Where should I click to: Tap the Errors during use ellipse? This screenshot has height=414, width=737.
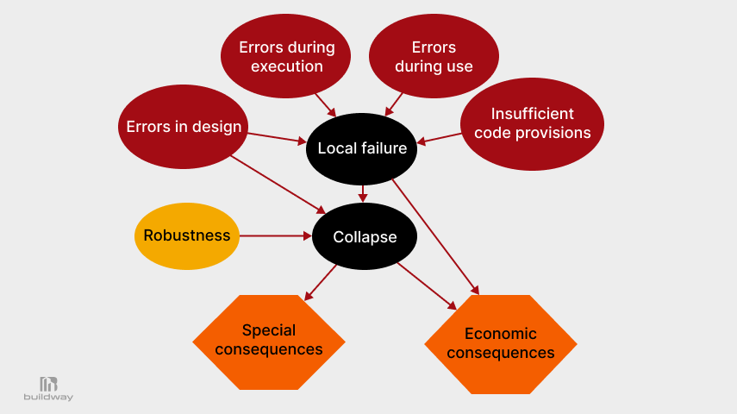click(434, 56)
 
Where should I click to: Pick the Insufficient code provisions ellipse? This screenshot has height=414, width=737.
click(532, 123)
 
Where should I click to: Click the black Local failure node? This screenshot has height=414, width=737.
click(362, 148)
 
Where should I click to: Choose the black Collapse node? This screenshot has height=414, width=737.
click(365, 236)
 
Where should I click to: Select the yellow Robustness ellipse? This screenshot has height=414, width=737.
click(187, 235)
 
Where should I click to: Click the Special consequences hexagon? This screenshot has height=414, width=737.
click(268, 342)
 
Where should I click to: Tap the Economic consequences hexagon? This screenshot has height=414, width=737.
click(501, 344)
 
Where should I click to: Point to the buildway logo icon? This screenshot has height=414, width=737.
click(48, 384)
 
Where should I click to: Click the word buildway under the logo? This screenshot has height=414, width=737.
click(48, 398)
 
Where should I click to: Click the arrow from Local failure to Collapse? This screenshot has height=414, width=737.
click(363, 193)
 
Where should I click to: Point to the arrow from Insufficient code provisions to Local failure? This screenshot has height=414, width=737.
click(439, 138)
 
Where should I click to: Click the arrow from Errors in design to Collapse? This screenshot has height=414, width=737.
click(276, 182)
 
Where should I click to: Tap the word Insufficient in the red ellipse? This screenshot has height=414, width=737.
click(532, 114)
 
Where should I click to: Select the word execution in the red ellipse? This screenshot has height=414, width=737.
click(286, 66)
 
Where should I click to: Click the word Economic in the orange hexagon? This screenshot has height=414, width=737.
click(501, 334)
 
